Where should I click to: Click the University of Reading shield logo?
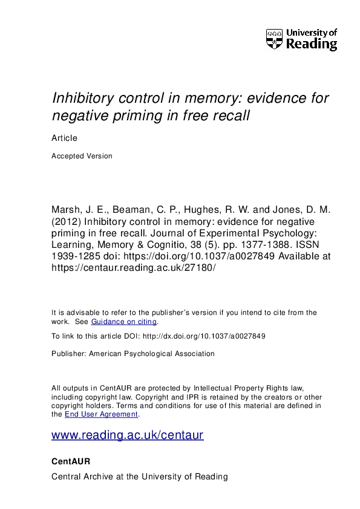273,39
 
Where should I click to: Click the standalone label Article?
64,138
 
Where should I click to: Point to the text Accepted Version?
82,156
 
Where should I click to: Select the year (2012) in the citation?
67,222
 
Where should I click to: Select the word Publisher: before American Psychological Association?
69,354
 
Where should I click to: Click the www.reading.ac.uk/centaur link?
128,435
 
